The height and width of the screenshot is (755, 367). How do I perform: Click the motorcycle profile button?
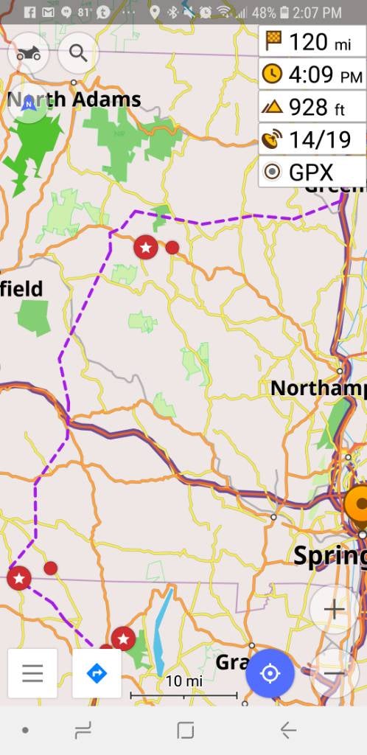[28, 53]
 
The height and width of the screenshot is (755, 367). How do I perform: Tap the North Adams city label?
[81, 99]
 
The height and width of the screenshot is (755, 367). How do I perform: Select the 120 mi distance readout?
[312, 42]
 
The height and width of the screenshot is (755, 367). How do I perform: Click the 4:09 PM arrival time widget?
[312, 74]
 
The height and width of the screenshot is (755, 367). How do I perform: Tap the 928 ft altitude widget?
[312, 108]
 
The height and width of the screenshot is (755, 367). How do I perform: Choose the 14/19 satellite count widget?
[312, 140]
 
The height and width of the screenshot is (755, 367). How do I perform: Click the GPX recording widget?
[312, 173]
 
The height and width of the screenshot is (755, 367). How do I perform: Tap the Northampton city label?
[318, 388]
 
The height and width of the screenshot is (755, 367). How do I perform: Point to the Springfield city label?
[329, 555]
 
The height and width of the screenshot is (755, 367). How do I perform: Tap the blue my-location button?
[270, 673]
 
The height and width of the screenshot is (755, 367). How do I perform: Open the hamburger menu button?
[32, 673]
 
